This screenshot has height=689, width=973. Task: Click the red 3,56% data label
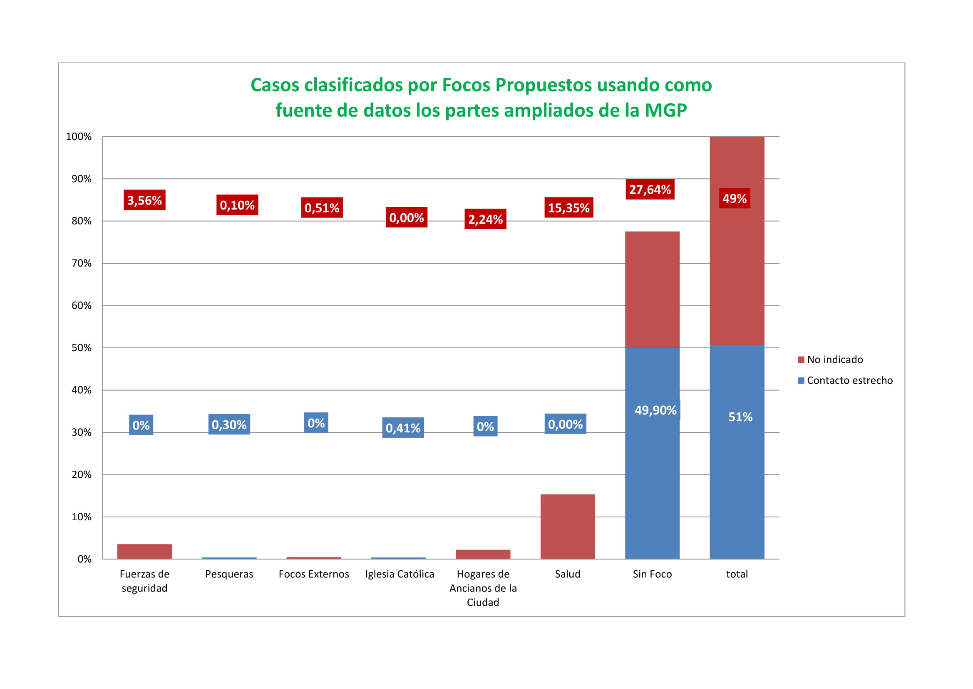(x=144, y=200)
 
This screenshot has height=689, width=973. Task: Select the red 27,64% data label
(x=650, y=190)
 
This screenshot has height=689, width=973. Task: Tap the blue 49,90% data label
(x=655, y=410)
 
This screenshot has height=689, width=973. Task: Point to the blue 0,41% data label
(x=402, y=428)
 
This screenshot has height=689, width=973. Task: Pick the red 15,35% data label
(x=568, y=208)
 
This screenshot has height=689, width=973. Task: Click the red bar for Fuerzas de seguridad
(x=144, y=552)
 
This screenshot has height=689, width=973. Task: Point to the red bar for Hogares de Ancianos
(x=483, y=554)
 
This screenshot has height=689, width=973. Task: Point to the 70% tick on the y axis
(x=82, y=263)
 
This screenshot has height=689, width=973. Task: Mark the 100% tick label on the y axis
(x=79, y=137)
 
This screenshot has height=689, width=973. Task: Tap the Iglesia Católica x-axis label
(x=400, y=574)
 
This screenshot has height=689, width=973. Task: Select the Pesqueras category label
(x=229, y=574)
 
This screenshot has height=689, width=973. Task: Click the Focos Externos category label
(x=314, y=574)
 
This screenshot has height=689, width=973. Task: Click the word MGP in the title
(x=665, y=110)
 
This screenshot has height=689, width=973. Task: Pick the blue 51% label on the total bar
(x=740, y=417)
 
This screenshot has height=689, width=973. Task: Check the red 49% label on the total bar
(x=734, y=199)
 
